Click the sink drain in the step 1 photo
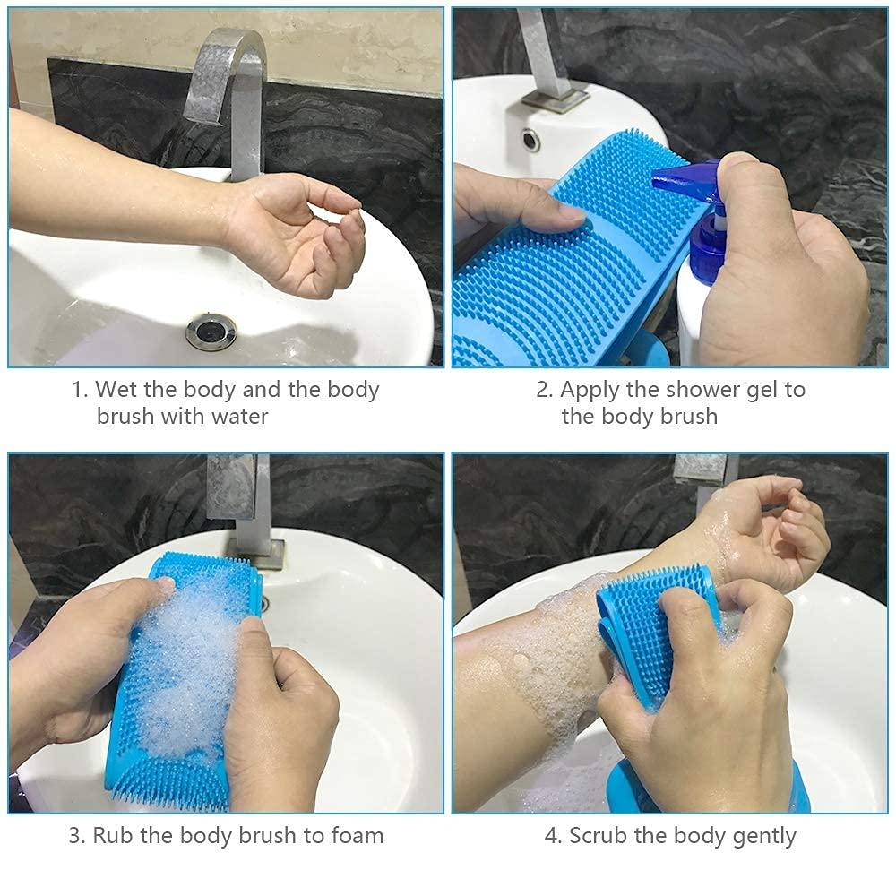[x=211, y=331]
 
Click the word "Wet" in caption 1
[x=115, y=390]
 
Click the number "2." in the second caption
[x=545, y=390]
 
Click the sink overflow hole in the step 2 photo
[x=530, y=140]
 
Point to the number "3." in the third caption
[x=78, y=836]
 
